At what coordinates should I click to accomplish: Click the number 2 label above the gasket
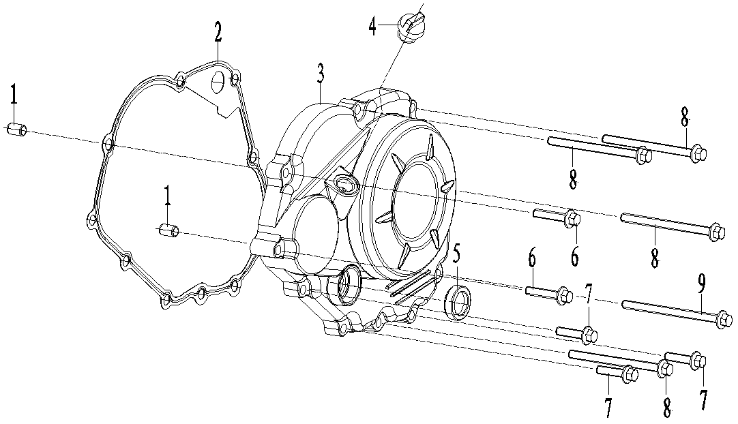(x=218, y=32)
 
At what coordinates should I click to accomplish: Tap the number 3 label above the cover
(x=321, y=74)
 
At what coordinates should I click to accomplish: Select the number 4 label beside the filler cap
(x=372, y=27)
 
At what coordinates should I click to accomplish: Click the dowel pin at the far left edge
(x=16, y=129)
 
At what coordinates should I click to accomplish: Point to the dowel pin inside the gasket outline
(x=168, y=231)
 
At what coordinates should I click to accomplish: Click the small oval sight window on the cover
(x=345, y=183)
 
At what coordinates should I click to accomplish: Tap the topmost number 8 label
(x=684, y=117)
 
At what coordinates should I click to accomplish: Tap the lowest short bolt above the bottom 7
(x=617, y=372)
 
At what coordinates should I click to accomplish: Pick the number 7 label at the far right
(x=703, y=399)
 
